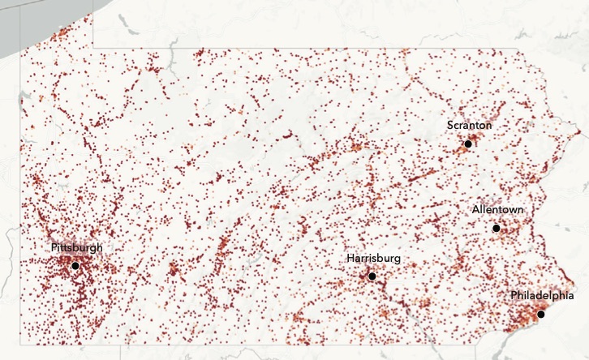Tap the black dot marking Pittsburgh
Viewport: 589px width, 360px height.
(x=75, y=265)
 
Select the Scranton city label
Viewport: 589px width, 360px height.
(x=469, y=126)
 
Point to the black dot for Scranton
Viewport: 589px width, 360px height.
(x=467, y=144)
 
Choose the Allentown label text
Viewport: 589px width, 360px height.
(x=497, y=210)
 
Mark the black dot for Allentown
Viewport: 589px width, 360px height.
(x=496, y=229)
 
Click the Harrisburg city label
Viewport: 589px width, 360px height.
(x=373, y=259)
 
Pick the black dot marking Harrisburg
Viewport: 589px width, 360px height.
(x=372, y=276)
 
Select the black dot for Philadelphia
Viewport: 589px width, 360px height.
(x=541, y=314)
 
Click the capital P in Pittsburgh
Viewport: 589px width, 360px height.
(x=54, y=247)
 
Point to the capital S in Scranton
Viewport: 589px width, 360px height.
(x=450, y=126)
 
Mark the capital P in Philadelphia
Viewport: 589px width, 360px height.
(x=514, y=295)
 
